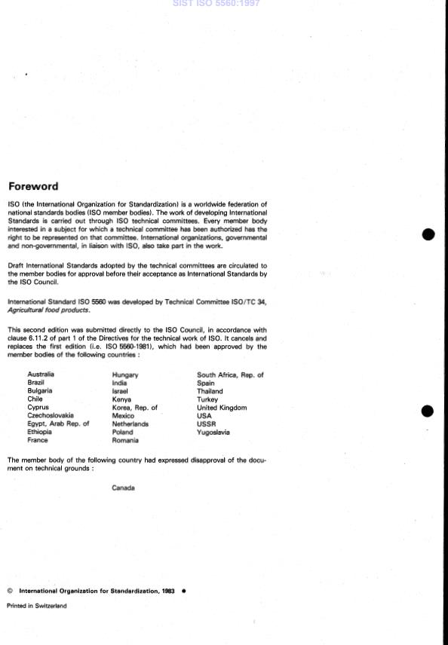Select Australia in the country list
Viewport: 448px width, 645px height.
pos(41,374)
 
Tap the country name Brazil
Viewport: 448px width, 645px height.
pos(36,383)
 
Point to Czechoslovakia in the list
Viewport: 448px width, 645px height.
pos(51,416)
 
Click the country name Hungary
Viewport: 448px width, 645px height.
pos(125,374)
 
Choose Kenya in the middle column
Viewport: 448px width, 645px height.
pos(121,399)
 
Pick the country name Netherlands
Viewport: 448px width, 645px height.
pos(130,424)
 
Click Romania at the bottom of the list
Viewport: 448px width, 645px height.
pos(124,441)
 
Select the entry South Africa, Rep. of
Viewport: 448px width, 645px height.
pos(230,374)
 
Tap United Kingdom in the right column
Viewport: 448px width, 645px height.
pos(221,408)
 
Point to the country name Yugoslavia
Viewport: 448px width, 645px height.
pos(213,433)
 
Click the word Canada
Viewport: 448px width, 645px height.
pos(123,488)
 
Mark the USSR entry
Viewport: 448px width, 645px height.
pos(205,424)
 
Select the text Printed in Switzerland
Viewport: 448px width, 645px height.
pos(36,606)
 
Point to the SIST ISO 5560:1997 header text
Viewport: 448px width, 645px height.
pos(224,5)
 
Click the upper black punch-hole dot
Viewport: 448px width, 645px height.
pos(428,234)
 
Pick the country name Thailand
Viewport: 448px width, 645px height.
pos(210,391)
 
